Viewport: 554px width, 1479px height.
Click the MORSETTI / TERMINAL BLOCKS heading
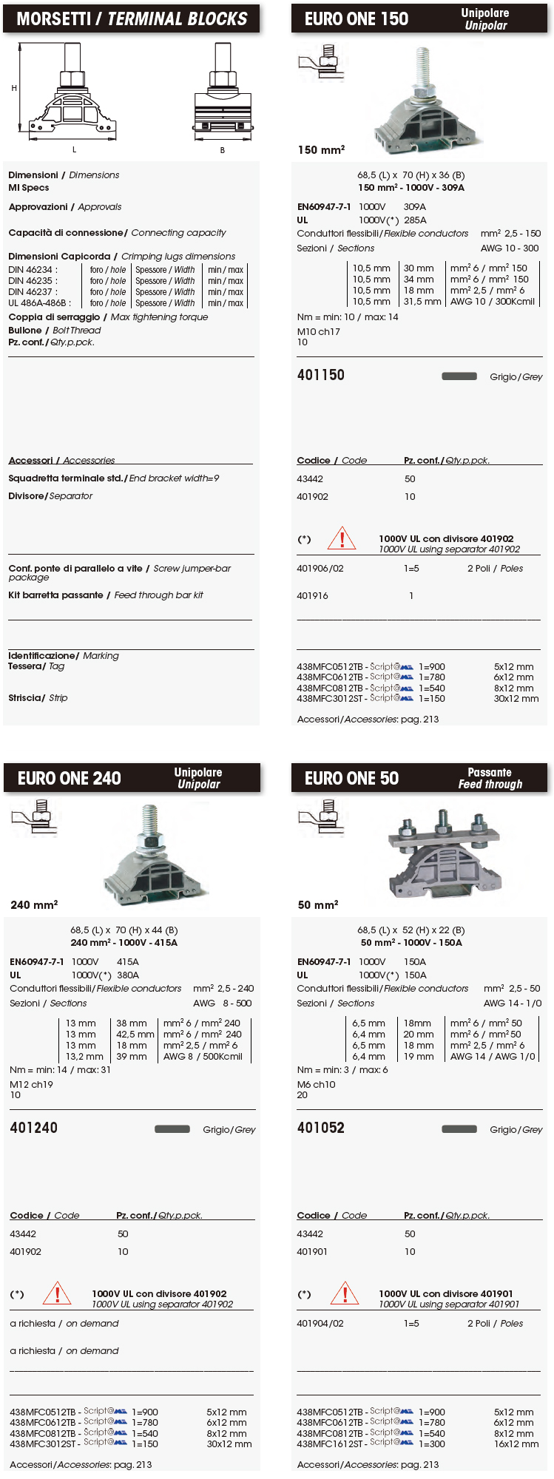132,18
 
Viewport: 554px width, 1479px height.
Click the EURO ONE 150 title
357,19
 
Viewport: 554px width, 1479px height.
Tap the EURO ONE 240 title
70,778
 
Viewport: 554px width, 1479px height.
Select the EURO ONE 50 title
351,778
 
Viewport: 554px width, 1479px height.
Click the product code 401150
320,375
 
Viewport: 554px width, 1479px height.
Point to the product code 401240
33,1128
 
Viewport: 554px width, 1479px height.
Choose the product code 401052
320,1128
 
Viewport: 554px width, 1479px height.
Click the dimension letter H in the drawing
14,88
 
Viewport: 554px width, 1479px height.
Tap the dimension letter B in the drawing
222,150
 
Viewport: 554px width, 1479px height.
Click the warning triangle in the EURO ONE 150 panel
342,538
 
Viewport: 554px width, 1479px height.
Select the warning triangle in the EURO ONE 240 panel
57,1293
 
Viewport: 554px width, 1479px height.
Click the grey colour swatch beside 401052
459,1128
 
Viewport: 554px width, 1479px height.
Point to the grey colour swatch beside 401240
172,1128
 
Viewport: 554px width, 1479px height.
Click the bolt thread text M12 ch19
31,1084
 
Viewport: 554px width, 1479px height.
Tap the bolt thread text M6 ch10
316,1084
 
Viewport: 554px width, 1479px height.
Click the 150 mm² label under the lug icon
321,150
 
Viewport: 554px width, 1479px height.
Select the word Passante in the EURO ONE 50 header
489,772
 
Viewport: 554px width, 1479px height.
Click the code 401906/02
320,569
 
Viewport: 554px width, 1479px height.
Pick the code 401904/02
320,1323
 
